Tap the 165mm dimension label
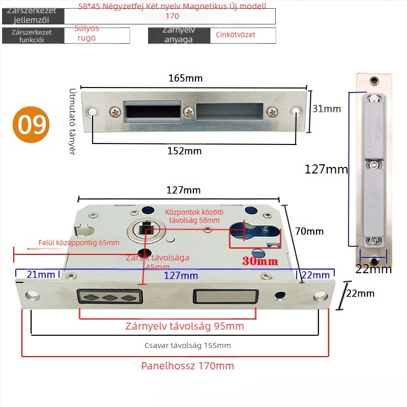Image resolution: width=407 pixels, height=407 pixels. pyautogui.click(x=186, y=78)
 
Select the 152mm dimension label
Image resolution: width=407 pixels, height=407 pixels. pyautogui.click(x=185, y=151)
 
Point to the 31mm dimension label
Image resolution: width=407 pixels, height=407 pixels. pyautogui.click(x=327, y=109)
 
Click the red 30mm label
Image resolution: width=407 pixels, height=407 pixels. pyautogui.click(x=260, y=261)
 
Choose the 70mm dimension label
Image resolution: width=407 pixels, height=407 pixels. pyautogui.click(x=309, y=231)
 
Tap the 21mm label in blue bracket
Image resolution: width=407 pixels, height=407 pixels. pyautogui.click(x=41, y=275)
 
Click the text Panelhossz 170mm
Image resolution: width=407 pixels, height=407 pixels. pyautogui.click(x=187, y=366)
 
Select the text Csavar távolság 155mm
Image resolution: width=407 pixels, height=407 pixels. pyautogui.click(x=188, y=345)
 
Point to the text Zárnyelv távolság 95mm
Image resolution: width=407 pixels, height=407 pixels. pyautogui.click(x=185, y=326)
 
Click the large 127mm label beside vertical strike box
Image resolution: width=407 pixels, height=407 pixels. pyautogui.click(x=326, y=169)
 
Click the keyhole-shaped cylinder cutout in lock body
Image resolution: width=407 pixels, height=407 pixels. pyautogui.click(x=254, y=234)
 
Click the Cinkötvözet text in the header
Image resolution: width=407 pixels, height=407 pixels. pyautogui.click(x=236, y=35)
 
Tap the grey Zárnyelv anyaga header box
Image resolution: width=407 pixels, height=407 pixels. pyautogui.click(x=179, y=35)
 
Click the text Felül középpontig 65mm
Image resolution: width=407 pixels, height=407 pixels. pyautogui.click(x=79, y=243)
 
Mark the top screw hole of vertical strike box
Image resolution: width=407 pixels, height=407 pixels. pyautogui.click(x=375, y=80)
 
